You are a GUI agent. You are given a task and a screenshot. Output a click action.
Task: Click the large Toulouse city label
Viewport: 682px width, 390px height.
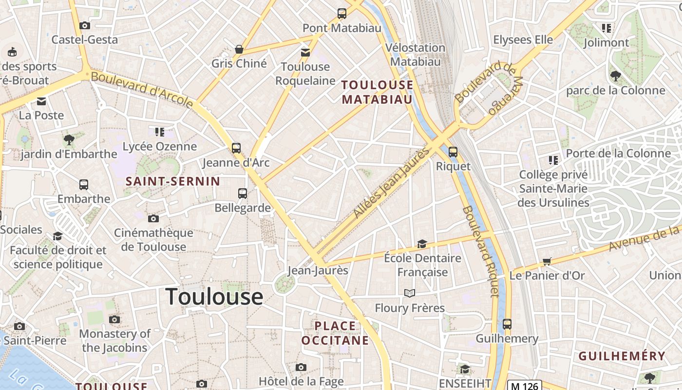click(214, 296)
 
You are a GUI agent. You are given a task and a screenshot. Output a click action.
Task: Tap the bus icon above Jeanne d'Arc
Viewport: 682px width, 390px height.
click(236, 148)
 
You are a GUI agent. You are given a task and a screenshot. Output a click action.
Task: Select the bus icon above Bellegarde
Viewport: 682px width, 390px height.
click(243, 194)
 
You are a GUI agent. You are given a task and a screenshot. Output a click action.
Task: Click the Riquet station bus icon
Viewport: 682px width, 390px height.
click(453, 152)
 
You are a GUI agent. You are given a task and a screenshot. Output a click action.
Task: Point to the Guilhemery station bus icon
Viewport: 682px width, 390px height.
click(507, 324)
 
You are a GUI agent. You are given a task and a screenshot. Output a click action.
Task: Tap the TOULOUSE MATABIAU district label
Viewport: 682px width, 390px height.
click(377, 92)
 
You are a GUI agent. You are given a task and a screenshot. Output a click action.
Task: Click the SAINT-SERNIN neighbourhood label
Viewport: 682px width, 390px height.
click(173, 181)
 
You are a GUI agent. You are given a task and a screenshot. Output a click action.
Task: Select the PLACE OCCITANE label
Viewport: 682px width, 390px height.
click(335, 333)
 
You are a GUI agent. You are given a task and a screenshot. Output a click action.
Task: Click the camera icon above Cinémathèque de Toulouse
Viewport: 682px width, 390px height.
click(153, 218)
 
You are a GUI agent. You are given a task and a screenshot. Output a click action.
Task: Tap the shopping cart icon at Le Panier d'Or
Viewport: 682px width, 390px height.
click(547, 262)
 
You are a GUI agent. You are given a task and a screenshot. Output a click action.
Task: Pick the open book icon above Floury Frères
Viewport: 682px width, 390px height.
click(410, 293)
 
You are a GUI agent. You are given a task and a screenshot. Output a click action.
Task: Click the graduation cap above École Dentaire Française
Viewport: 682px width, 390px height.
click(422, 244)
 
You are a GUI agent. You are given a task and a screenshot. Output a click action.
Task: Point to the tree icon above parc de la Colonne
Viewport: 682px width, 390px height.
click(615, 76)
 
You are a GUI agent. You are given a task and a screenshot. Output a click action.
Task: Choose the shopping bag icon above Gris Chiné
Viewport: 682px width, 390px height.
click(239, 49)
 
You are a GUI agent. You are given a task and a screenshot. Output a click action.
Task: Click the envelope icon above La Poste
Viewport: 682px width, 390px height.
click(41, 101)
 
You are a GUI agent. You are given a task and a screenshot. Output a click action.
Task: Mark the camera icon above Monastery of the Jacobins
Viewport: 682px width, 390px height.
click(114, 320)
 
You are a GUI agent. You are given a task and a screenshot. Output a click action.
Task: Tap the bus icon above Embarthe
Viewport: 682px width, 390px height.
click(84, 185)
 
